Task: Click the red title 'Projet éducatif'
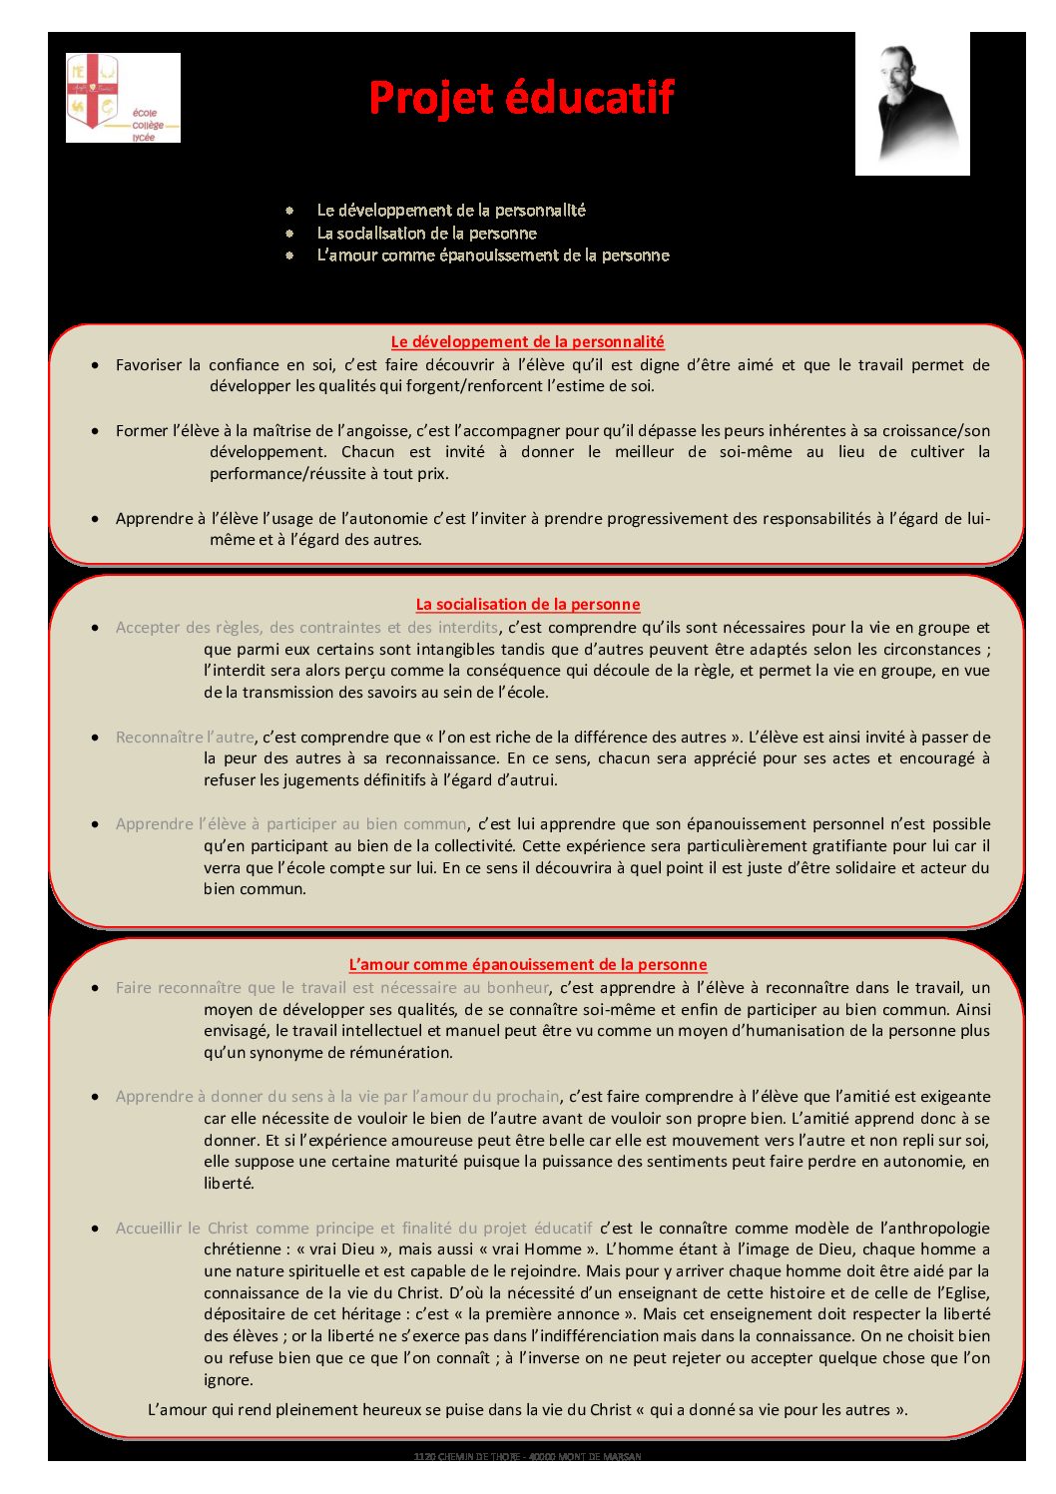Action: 521,98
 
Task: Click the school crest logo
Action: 122,98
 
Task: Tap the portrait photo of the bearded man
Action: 912,104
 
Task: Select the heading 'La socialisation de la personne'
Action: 527,604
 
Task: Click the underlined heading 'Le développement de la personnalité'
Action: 527,341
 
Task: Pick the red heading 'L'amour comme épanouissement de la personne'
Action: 527,964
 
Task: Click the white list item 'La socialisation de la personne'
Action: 426,233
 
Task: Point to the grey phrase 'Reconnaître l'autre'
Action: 185,737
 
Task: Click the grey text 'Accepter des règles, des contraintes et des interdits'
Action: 306,627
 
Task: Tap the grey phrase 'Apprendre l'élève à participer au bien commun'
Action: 290,823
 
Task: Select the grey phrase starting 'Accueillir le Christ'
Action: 353,1228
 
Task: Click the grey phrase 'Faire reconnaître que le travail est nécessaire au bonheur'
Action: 331,987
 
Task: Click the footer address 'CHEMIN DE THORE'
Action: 527,1456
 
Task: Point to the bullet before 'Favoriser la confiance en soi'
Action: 95,365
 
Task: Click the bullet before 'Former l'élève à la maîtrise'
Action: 95,431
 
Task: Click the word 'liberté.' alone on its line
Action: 230,1183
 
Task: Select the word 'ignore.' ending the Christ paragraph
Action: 229,1379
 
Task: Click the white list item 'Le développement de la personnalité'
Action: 451,210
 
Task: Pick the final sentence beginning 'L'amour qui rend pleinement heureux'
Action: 527,1409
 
